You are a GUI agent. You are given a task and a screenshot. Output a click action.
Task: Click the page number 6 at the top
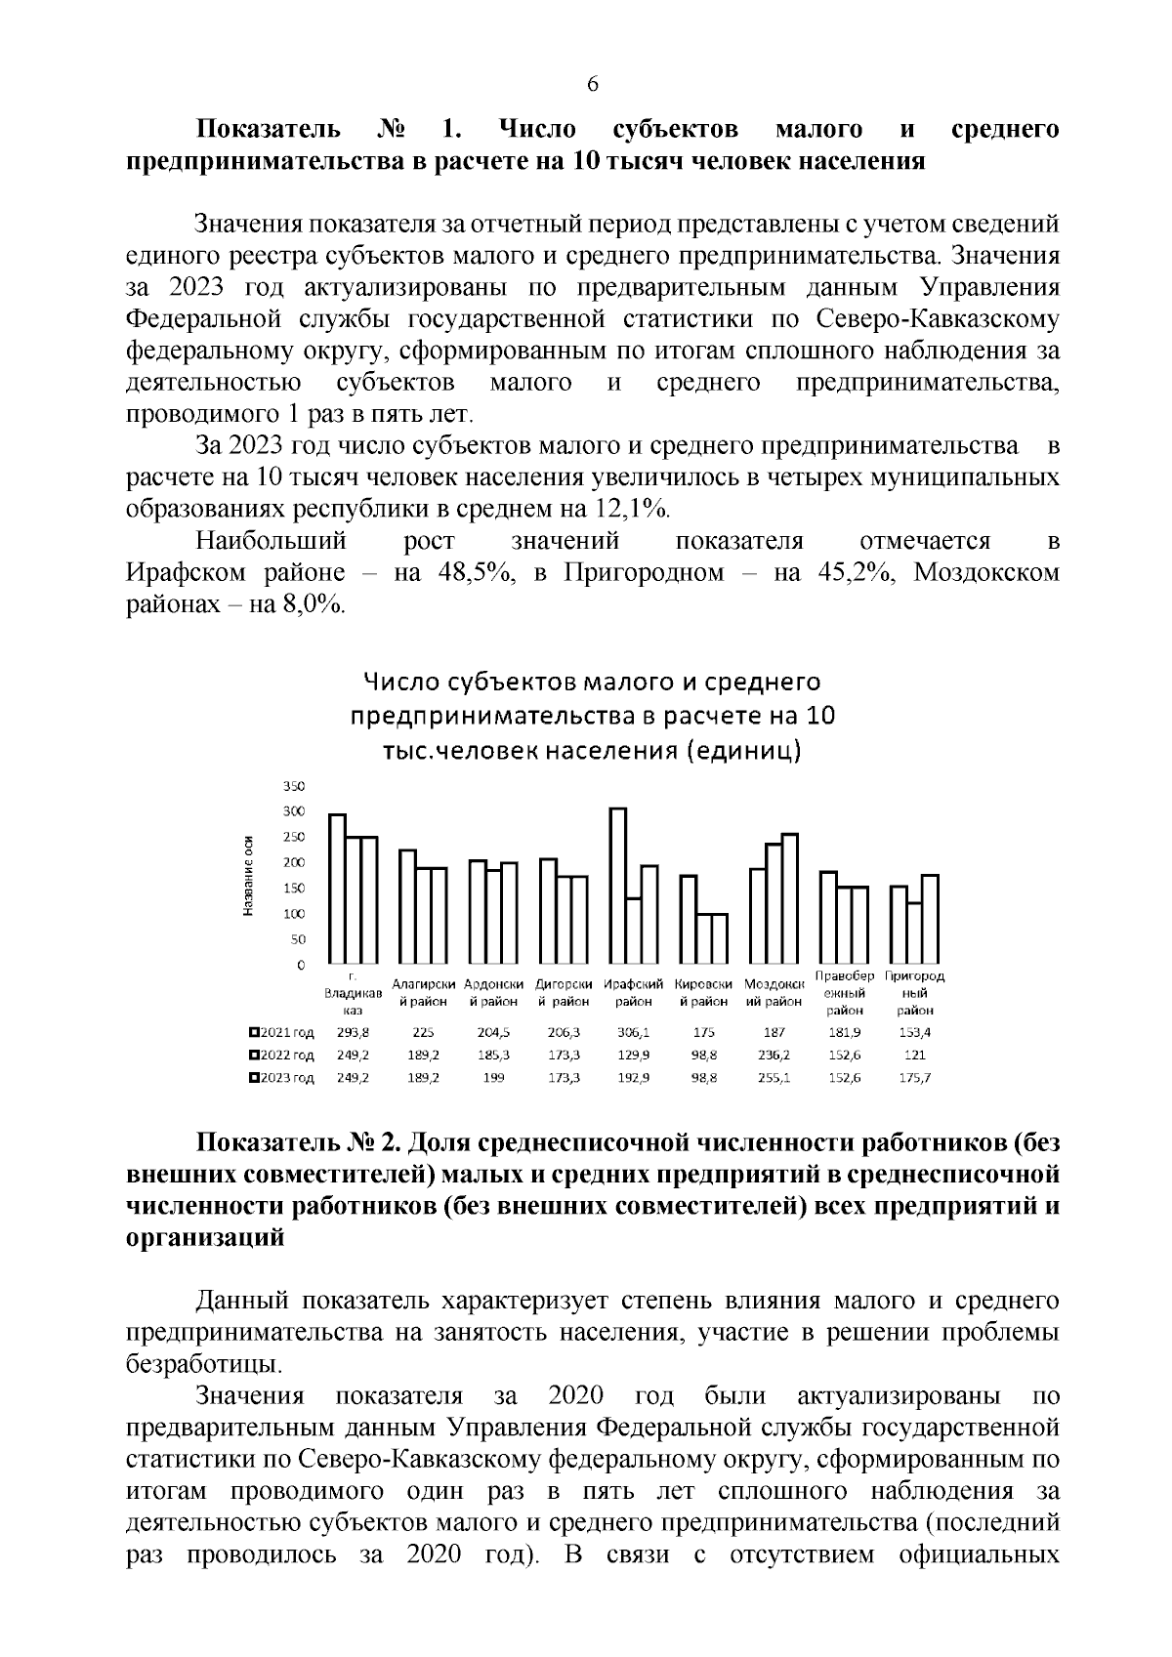[x=592, y=84]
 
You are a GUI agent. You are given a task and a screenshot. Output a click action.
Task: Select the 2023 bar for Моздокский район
[x=790, y=898]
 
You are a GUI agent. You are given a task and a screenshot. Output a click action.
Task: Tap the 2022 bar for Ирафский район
[x=634, y=930]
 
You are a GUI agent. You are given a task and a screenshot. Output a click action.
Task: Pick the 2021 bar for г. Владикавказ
[x=337, y=888]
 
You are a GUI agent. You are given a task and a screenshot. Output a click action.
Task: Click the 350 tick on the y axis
[x=293, y=786]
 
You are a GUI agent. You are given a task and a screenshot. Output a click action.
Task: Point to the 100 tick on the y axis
[x=293, y=914]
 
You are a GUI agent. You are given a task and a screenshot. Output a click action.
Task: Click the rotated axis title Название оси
[x=248, y=876]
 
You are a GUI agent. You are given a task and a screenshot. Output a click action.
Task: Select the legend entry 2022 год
[x=282, y=1055]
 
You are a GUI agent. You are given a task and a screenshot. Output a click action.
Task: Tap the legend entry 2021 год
[x=282, y=1031]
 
